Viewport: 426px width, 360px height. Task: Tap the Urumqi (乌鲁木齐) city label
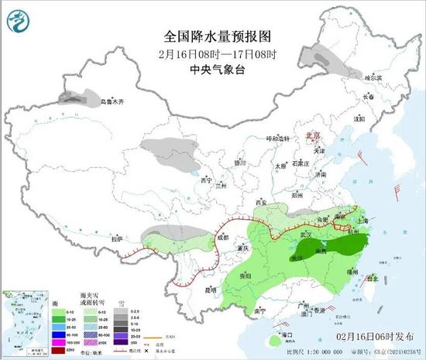[112, 101]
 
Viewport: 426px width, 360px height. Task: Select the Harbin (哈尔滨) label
[373, 78]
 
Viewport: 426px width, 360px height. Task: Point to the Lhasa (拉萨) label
[116, 238]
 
